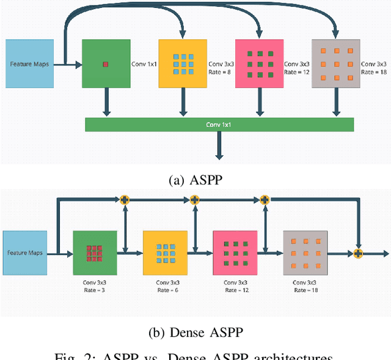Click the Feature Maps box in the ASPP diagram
[x=29, y=64]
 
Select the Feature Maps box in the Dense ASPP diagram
[x=25, y=252]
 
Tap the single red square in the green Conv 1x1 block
[x=106, y=64]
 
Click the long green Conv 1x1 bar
[x=219, y=125]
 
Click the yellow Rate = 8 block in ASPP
[x=183, y=64]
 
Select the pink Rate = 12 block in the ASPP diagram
[x=259, y=64]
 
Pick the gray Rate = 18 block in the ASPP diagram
[x=335, y=64]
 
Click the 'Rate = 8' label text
[x=221, y=72]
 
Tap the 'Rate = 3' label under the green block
[x=93, y=290]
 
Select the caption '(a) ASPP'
[x=195, y=180]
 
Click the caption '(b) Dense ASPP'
[x=195, y=333]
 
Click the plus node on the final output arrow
[x=358, y=253]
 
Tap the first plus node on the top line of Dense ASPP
[x=124, y=199]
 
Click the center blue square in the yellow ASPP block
[x=183, y=64]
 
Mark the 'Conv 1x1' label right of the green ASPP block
[x=144, y=64]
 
